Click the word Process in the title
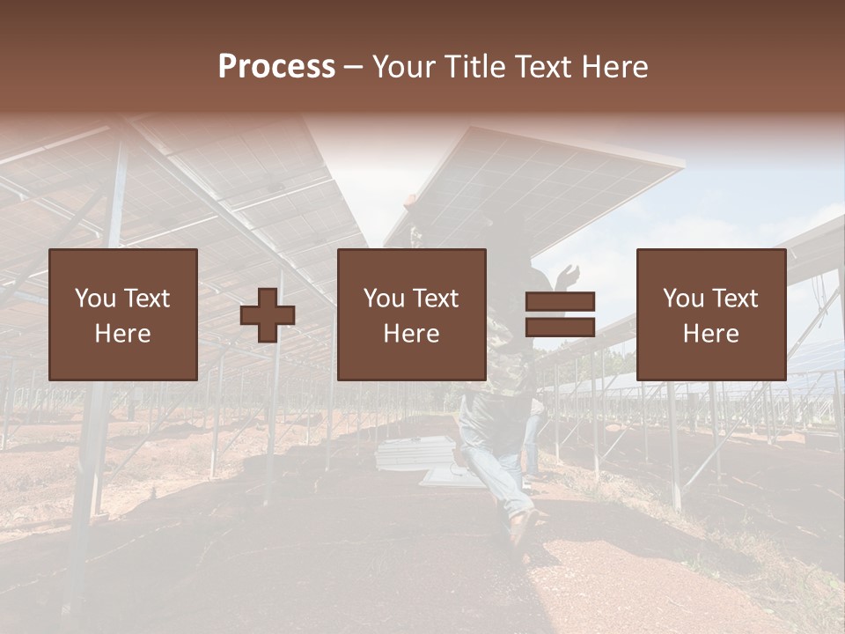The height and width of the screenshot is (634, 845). coord(276,67)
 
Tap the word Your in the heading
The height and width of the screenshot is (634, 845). coord(404,67)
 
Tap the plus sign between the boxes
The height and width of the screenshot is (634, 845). coord(268,315)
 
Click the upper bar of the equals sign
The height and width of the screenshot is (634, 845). coord(560,301)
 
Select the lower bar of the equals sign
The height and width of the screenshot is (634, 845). coord(560,327)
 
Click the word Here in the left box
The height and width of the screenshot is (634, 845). coord(122,334)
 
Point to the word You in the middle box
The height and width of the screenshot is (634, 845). coord(384,299)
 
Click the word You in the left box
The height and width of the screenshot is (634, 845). coord(95,299)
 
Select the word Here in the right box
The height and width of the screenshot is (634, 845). coord(710,334)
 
